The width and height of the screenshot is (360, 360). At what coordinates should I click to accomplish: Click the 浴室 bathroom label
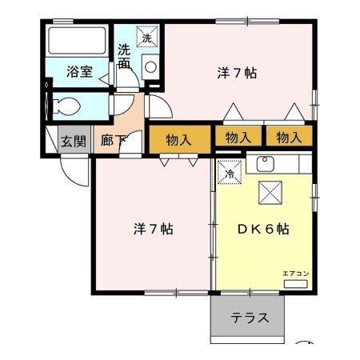tap(79, 72)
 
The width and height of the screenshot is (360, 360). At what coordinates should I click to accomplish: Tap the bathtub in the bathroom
tap(77, 40)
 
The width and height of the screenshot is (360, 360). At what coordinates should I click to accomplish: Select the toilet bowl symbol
tap(66, 106)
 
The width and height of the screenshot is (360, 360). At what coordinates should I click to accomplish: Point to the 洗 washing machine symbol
tap(147, 37)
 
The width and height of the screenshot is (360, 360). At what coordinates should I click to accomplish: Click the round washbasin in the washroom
tap(150, 66)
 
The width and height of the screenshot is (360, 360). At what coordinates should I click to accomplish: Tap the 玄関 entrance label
tap(74, 141)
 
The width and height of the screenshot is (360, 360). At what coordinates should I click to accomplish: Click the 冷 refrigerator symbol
tap(230, 172)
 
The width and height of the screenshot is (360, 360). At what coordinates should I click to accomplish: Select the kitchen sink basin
tap(266, 164)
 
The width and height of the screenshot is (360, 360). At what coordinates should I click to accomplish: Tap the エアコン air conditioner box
tap(295, 284)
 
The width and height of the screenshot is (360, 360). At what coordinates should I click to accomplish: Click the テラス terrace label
tap(250, 318)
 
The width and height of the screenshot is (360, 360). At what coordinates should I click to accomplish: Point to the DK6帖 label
tap(263, 229)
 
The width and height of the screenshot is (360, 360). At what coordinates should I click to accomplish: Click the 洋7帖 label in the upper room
tap(237, 73)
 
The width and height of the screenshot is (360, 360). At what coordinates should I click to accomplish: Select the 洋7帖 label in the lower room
tap(154, 229)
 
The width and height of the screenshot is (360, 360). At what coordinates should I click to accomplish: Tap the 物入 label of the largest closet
tap(178, 140)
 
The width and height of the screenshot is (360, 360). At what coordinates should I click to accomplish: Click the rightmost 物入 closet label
tap(289, 138)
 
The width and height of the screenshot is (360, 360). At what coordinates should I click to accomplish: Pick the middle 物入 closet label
tap(238, 138)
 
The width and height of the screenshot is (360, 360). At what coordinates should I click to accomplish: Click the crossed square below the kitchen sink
tap(270, 193)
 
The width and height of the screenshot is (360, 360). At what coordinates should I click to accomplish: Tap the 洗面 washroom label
tap(124, 56)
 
